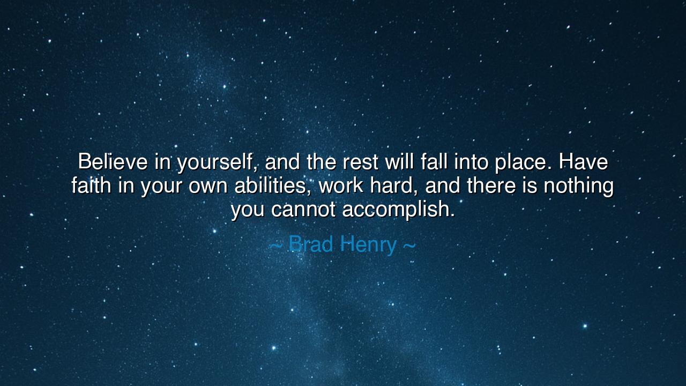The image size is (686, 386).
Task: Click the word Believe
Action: pyautogui.click(x=113, y=161)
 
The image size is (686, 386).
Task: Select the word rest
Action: pyautogui.click(x=360, y=162)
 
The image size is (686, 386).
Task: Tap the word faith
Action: pyautogui.click(x=91, y=185)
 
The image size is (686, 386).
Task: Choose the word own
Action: pyautogui.click(x=208, y=188)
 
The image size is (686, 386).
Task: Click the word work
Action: pyautogui.click(x=340, y=185)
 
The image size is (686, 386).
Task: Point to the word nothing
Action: pyautogui.click(x=579, y=187)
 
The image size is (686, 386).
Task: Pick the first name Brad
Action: pyautogui.click(x=310, y=244)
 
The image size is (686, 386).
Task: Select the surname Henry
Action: pyautogui.click(x=368, y=246)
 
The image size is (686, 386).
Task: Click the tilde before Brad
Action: pyautogui.click(x=275, y=246)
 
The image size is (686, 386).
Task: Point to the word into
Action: pyautogui.click(x=471, y=161)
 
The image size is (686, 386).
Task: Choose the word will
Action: pyautogui.click(x=399, y=161)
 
